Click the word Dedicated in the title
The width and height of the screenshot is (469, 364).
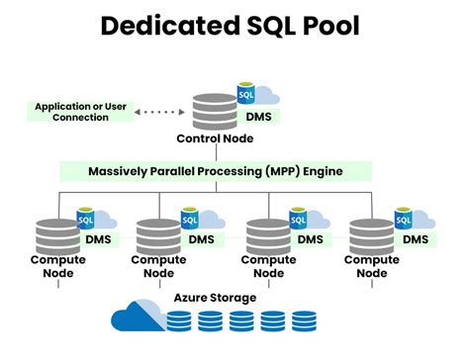click(x=161, y=27)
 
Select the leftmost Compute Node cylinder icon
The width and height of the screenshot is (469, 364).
click(x=57, y=235)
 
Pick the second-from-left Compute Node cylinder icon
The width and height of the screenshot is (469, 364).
click(x=157, y=235)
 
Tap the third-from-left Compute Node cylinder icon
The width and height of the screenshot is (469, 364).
click(x=267, y=235)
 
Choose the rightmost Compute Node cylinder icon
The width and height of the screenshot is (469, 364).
click(x=370, y=235)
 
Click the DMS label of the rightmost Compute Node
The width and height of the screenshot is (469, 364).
click(x=416, y=239)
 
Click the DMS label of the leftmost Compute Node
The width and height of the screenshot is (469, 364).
click(x=100, y=239)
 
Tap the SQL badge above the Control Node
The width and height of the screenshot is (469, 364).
click(x=247, y=96)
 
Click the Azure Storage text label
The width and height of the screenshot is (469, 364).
click(x=215, y=297)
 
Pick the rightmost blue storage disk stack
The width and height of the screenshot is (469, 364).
click(x=304, y=320)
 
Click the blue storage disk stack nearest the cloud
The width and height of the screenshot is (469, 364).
click(x=179, y=320)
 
